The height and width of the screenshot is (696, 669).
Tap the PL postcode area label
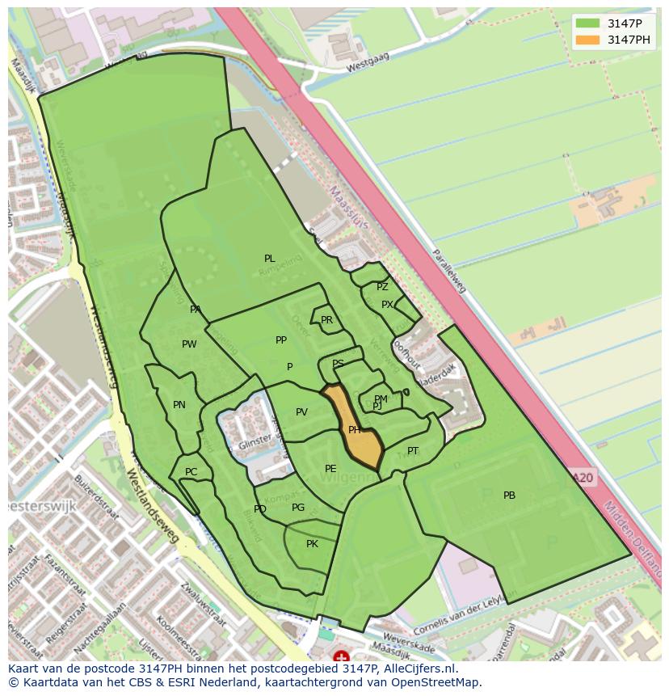pos(269,259)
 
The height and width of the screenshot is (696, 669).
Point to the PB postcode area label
pos(509,496)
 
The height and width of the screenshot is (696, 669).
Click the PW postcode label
pos(189,344)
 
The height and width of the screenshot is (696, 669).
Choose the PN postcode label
pos(179,405)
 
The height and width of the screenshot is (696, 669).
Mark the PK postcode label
pos(312,544)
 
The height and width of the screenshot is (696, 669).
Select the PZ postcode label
pos(382,287)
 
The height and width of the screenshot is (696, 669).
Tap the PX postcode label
pos(387,305)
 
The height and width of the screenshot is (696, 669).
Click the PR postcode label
pos(326,320)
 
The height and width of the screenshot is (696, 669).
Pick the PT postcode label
pos(413,451)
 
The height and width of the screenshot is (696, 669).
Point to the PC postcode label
pos(191,472)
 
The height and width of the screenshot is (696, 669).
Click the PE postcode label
pos(330,469)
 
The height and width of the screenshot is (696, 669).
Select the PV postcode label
pos(301,412)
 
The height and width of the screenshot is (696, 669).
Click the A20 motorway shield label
pos(583,479)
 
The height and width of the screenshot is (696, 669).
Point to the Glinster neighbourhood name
pos(255,446)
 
